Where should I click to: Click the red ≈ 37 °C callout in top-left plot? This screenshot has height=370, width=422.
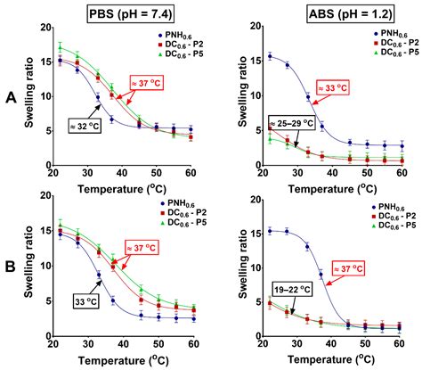(x=151, y=80)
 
